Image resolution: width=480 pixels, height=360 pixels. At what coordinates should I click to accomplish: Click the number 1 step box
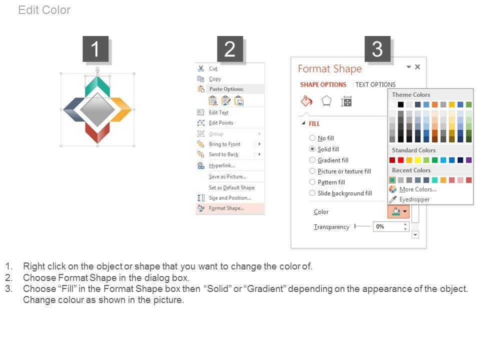pos(95,49)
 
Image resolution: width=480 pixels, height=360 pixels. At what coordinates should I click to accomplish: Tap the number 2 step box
pos(230,49)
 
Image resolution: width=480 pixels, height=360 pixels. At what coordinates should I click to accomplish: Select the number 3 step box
pos(377,49)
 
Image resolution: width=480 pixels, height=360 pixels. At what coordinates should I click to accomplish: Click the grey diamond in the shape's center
pos(97,109)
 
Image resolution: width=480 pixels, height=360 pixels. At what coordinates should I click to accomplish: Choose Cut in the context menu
pos(213,68)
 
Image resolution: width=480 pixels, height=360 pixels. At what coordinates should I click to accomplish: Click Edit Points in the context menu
pos(221,123)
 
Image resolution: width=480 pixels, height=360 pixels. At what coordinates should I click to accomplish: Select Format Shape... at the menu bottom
pos(226,208)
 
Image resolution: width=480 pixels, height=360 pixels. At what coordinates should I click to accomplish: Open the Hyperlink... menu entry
pos(222,165)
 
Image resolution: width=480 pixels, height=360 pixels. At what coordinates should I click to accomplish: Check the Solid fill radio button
pos(312,149)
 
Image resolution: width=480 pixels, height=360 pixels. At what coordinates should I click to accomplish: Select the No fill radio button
pos(312,138)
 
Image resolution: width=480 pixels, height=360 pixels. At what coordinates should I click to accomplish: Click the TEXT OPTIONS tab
pos(375,84)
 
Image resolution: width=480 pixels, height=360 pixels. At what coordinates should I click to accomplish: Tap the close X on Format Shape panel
pos(417,66)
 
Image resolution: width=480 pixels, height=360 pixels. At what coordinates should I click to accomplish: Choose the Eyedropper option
pos(414,199)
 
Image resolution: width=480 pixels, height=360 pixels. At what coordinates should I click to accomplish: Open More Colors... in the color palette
pos(418,189)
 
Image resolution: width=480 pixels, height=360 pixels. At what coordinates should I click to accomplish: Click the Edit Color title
pos(44,10)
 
